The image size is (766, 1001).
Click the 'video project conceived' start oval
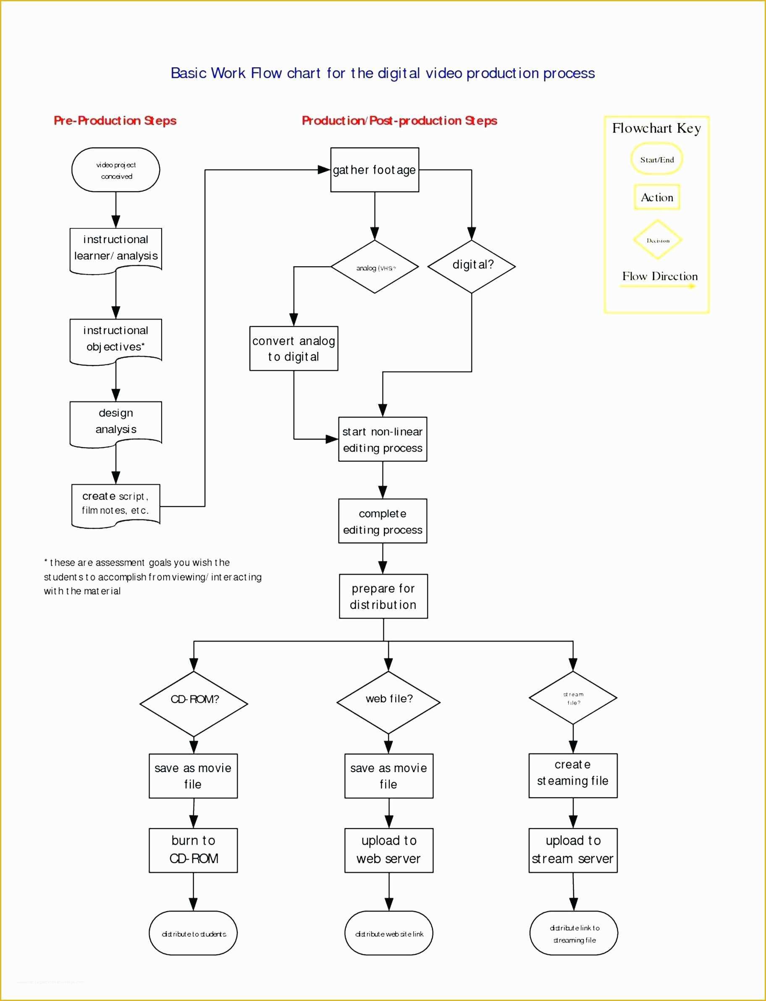pos(116,170)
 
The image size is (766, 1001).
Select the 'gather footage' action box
pos(374,170)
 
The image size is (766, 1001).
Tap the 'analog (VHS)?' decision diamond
pos(374,267)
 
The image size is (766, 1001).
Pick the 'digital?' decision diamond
pos(472,266)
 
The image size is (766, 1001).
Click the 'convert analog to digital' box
pos(294,348)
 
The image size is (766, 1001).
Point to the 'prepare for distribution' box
pos(383,596)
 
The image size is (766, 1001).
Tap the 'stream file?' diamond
pos(573,697)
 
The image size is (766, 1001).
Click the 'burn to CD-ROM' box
pos(193,850)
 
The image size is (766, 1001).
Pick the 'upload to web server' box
pos(389,850)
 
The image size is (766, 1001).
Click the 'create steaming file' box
pos(573,776)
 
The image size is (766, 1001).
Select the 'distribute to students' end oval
pos(193,933)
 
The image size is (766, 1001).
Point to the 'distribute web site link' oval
pos(389,933)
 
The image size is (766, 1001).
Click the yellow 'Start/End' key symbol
pos(656,159)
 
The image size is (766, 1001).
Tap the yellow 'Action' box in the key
pos(656,197)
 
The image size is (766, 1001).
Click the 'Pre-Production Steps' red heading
pos(115,121)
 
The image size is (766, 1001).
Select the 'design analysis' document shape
pos(116,422)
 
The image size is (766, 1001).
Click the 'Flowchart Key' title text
pos(656,128)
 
